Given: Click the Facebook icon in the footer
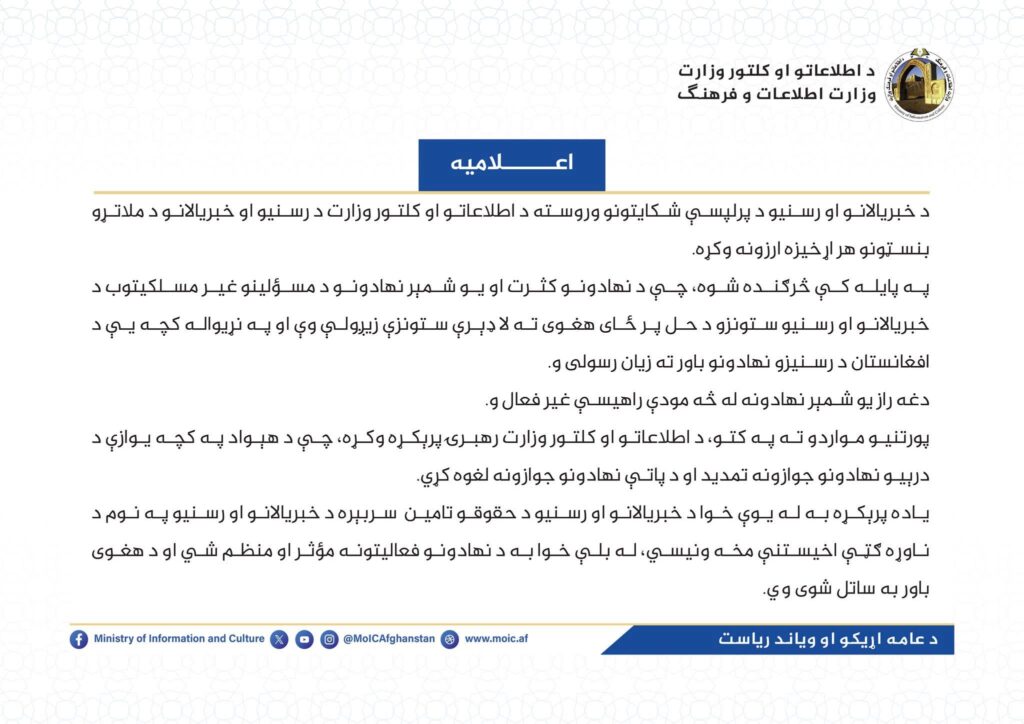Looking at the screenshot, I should pyautogui.click(x=79, y=639).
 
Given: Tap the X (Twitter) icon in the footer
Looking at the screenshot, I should pyautogui.click(x=279, y=639).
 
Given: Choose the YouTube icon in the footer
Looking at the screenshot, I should pyautogui.click(x=304, y=639).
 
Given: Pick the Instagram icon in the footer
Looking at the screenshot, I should pyautogui.click(x=329, y=639).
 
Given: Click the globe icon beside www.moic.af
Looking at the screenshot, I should pyautogui.click(x=451, y=639).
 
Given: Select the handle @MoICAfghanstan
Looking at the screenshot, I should pyautogui.click(x=388, y=639).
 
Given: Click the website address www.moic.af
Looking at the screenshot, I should pyautogui.click(x=497, y=639).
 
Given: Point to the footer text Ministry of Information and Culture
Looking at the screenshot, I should pyautogui.click(x=179, y=639).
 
